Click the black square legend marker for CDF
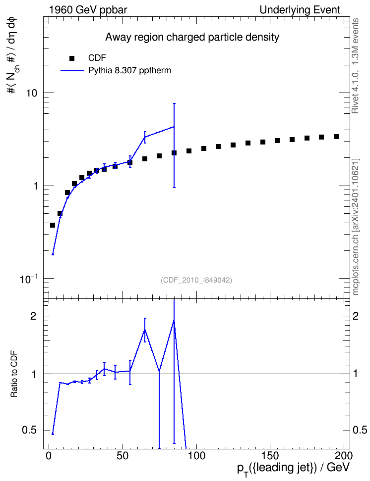72,58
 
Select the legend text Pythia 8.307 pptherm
129,71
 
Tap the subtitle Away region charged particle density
192,37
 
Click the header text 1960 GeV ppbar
88,10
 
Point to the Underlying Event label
300,10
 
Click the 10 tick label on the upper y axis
32,93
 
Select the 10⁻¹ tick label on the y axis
28,279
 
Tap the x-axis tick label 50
123,456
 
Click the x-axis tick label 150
270,456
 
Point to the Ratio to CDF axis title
14,374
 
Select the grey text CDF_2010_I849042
196,280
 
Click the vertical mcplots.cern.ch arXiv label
356,227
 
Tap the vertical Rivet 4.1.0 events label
355,66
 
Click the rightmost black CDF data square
336,137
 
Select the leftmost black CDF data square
53,225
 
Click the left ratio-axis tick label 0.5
30,431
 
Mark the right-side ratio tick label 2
356,316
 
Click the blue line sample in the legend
72,71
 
